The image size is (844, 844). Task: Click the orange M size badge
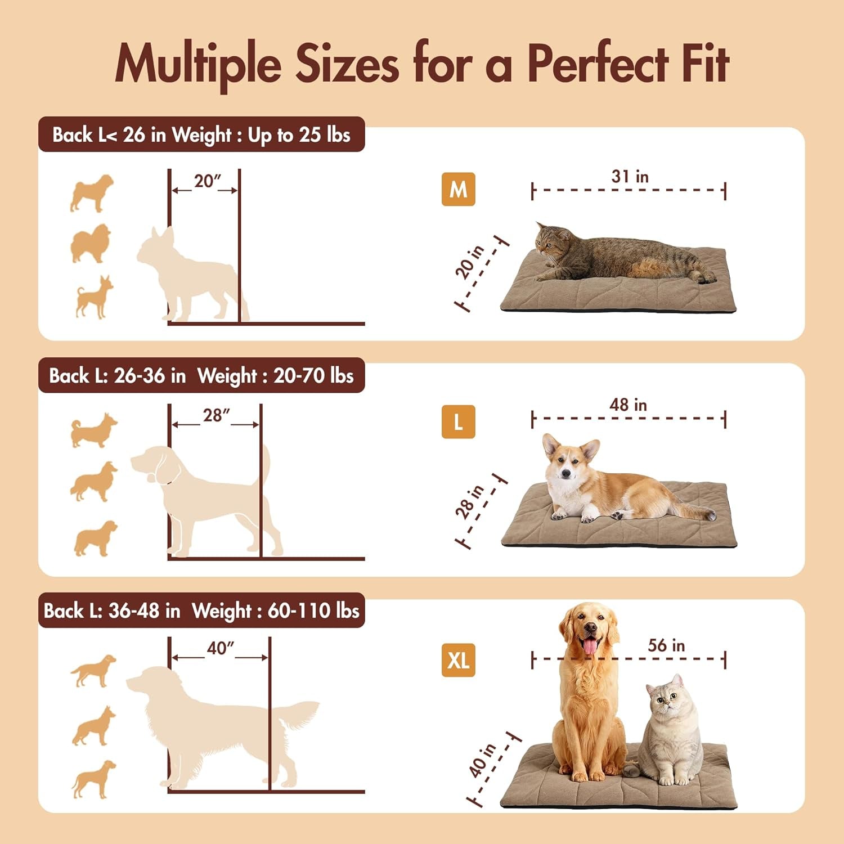click(458, 190)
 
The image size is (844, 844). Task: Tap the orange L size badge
click(458, 422)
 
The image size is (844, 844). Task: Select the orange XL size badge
click(458, 660)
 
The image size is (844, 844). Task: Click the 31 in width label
click(630, 177)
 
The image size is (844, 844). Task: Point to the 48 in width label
click(628, 405)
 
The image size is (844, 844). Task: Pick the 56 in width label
click(666, 645)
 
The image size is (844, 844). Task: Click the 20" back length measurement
click(206, 181)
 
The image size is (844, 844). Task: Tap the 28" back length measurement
click(216, 415)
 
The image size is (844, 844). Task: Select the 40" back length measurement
click(220, 648)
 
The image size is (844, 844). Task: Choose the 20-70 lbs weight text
click(313, 376)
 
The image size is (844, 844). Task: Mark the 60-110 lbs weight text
click(313, 610)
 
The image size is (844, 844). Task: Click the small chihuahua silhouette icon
click(93, 297)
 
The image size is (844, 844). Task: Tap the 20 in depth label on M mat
click(469, 262)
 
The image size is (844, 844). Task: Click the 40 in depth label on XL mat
click(482, 760)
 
